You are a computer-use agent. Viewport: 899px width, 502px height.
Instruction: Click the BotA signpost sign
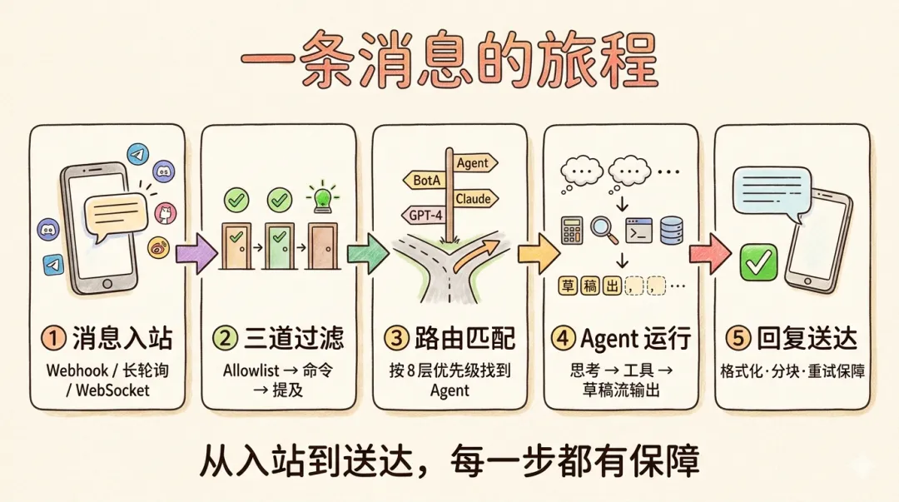coord(425,180)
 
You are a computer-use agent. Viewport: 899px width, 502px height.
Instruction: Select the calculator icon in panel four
coord(571,230)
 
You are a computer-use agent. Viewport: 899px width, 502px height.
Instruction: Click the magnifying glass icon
coord(603,230)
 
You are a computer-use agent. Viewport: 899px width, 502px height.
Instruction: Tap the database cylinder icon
coord(672,230)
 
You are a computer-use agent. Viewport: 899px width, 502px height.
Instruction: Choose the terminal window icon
coord(638,230)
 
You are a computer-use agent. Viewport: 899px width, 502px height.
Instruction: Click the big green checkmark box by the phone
coord(758,264)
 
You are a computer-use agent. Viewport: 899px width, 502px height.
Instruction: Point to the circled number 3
coord(394,340)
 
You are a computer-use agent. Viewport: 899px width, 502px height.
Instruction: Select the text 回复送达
coord(804,339)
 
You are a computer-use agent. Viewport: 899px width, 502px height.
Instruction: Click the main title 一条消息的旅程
coord(449,60)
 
